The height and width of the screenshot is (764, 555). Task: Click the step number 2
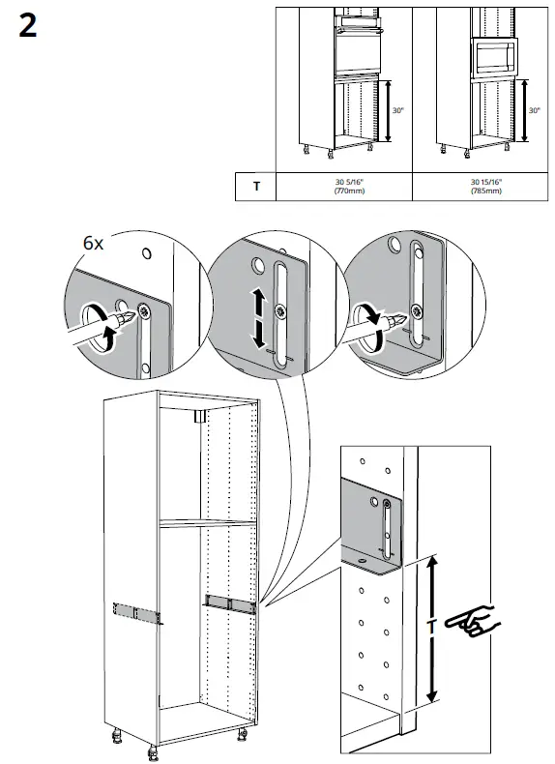(x=28, y=26)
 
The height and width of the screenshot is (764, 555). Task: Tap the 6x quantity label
(x=93, y=244)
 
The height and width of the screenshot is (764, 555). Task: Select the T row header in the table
(x=255, y=186)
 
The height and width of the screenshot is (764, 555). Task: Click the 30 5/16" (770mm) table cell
(x=343, y=186)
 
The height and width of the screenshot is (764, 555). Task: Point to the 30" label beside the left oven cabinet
(x=397, y=111)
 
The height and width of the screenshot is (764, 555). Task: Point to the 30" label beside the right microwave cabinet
(x=534, y=111)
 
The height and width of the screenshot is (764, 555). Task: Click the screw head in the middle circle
(x=280, y=310)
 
